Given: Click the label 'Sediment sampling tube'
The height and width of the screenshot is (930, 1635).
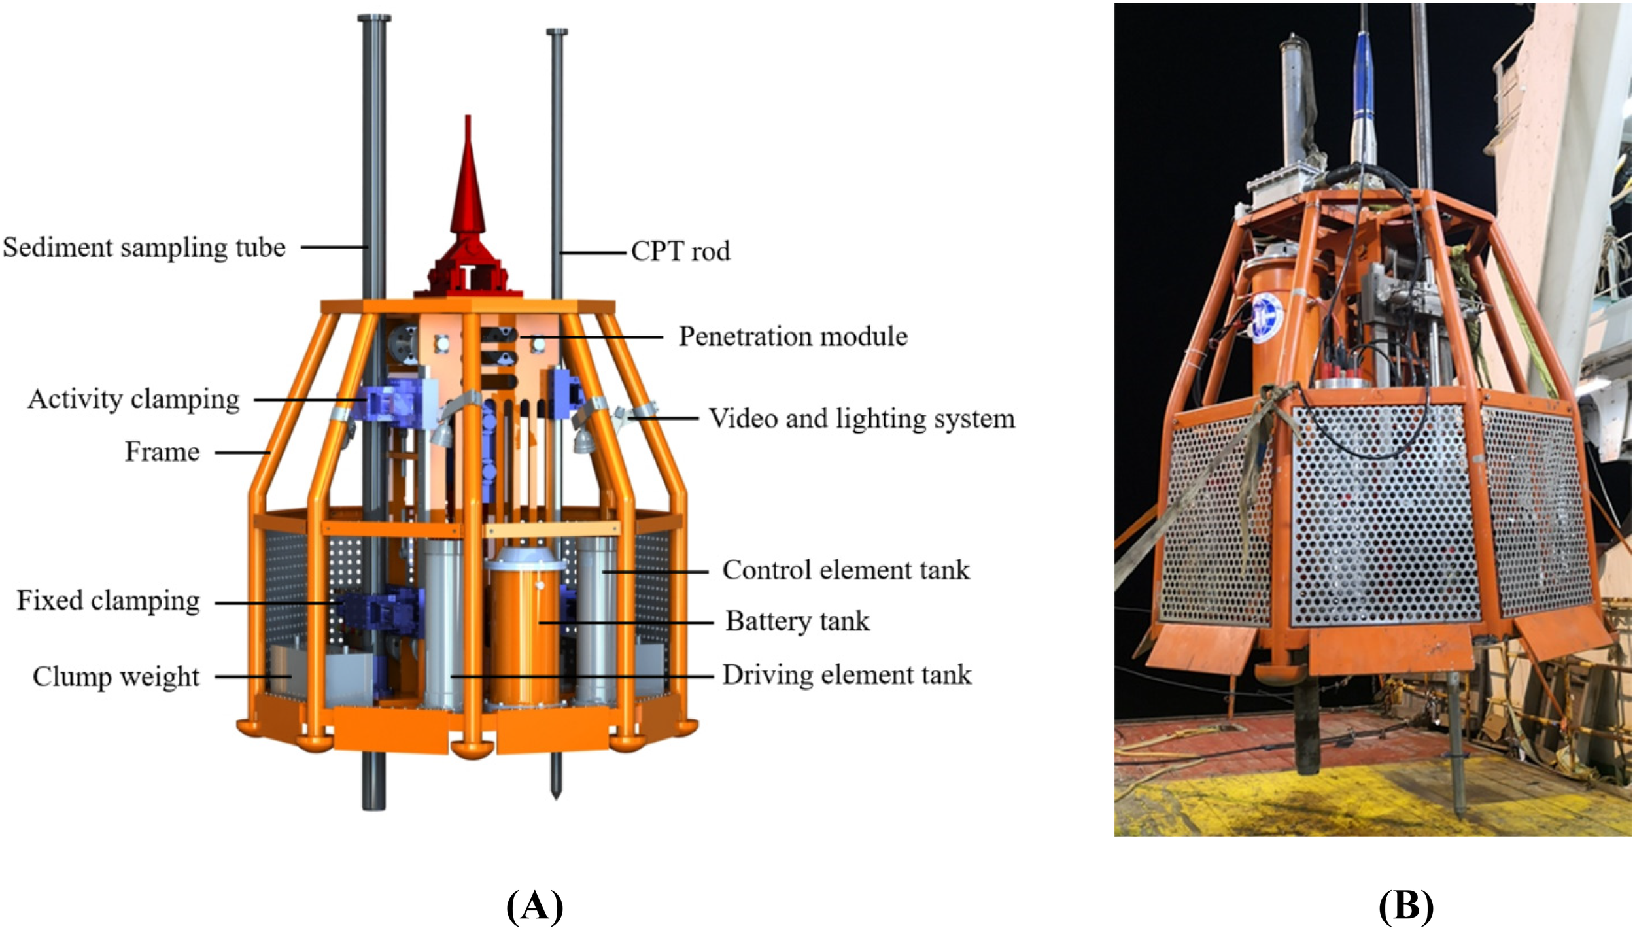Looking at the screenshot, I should [x=144, y=248].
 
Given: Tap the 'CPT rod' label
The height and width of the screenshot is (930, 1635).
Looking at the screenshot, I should [x=680, y=252].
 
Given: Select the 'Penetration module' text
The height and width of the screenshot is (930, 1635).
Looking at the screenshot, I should [x=793, y=337].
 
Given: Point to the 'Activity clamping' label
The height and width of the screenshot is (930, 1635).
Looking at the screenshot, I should [x=133, y=400].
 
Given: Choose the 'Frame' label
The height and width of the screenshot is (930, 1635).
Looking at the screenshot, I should [x=162, y=452].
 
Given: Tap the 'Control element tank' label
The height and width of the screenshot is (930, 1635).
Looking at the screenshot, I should [x=846, y=570].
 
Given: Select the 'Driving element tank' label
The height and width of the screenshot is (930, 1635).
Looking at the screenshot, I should [x=846, y=675].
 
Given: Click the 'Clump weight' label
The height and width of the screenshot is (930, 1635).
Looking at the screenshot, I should [x=116, y=677].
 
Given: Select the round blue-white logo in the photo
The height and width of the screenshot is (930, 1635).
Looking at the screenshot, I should [x=1267, y=317].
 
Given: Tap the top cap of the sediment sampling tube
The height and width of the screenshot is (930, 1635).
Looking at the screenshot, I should [x=374, y=18].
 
